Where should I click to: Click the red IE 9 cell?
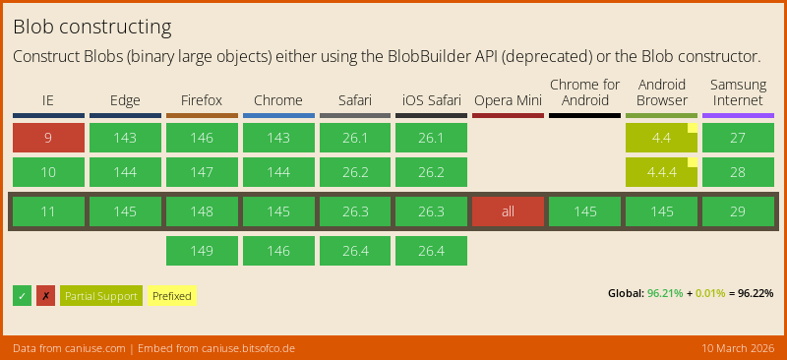coord(48,138)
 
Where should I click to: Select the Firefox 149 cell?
coord(202,251)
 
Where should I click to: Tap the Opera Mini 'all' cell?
coord(508,212)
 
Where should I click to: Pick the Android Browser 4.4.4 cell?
coord(661,172)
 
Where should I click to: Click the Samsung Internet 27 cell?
coord(738,138)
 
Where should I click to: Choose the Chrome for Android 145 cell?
coord(584,212)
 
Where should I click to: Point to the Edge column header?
coord(125,100)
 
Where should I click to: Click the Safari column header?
coord(354,100)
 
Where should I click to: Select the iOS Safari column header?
coord(431,100)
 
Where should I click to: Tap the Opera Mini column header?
coord(508,100)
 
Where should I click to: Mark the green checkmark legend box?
coord(22,296)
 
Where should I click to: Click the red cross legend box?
coord(45,296)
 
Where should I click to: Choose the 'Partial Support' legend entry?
coord(100,296)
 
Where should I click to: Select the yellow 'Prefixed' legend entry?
coord(171,296)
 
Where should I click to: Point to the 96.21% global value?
coord(665,293)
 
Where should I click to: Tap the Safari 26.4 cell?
coord(354,251)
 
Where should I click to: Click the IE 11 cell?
coord(48,212)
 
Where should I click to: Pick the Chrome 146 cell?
coord(278,251)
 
